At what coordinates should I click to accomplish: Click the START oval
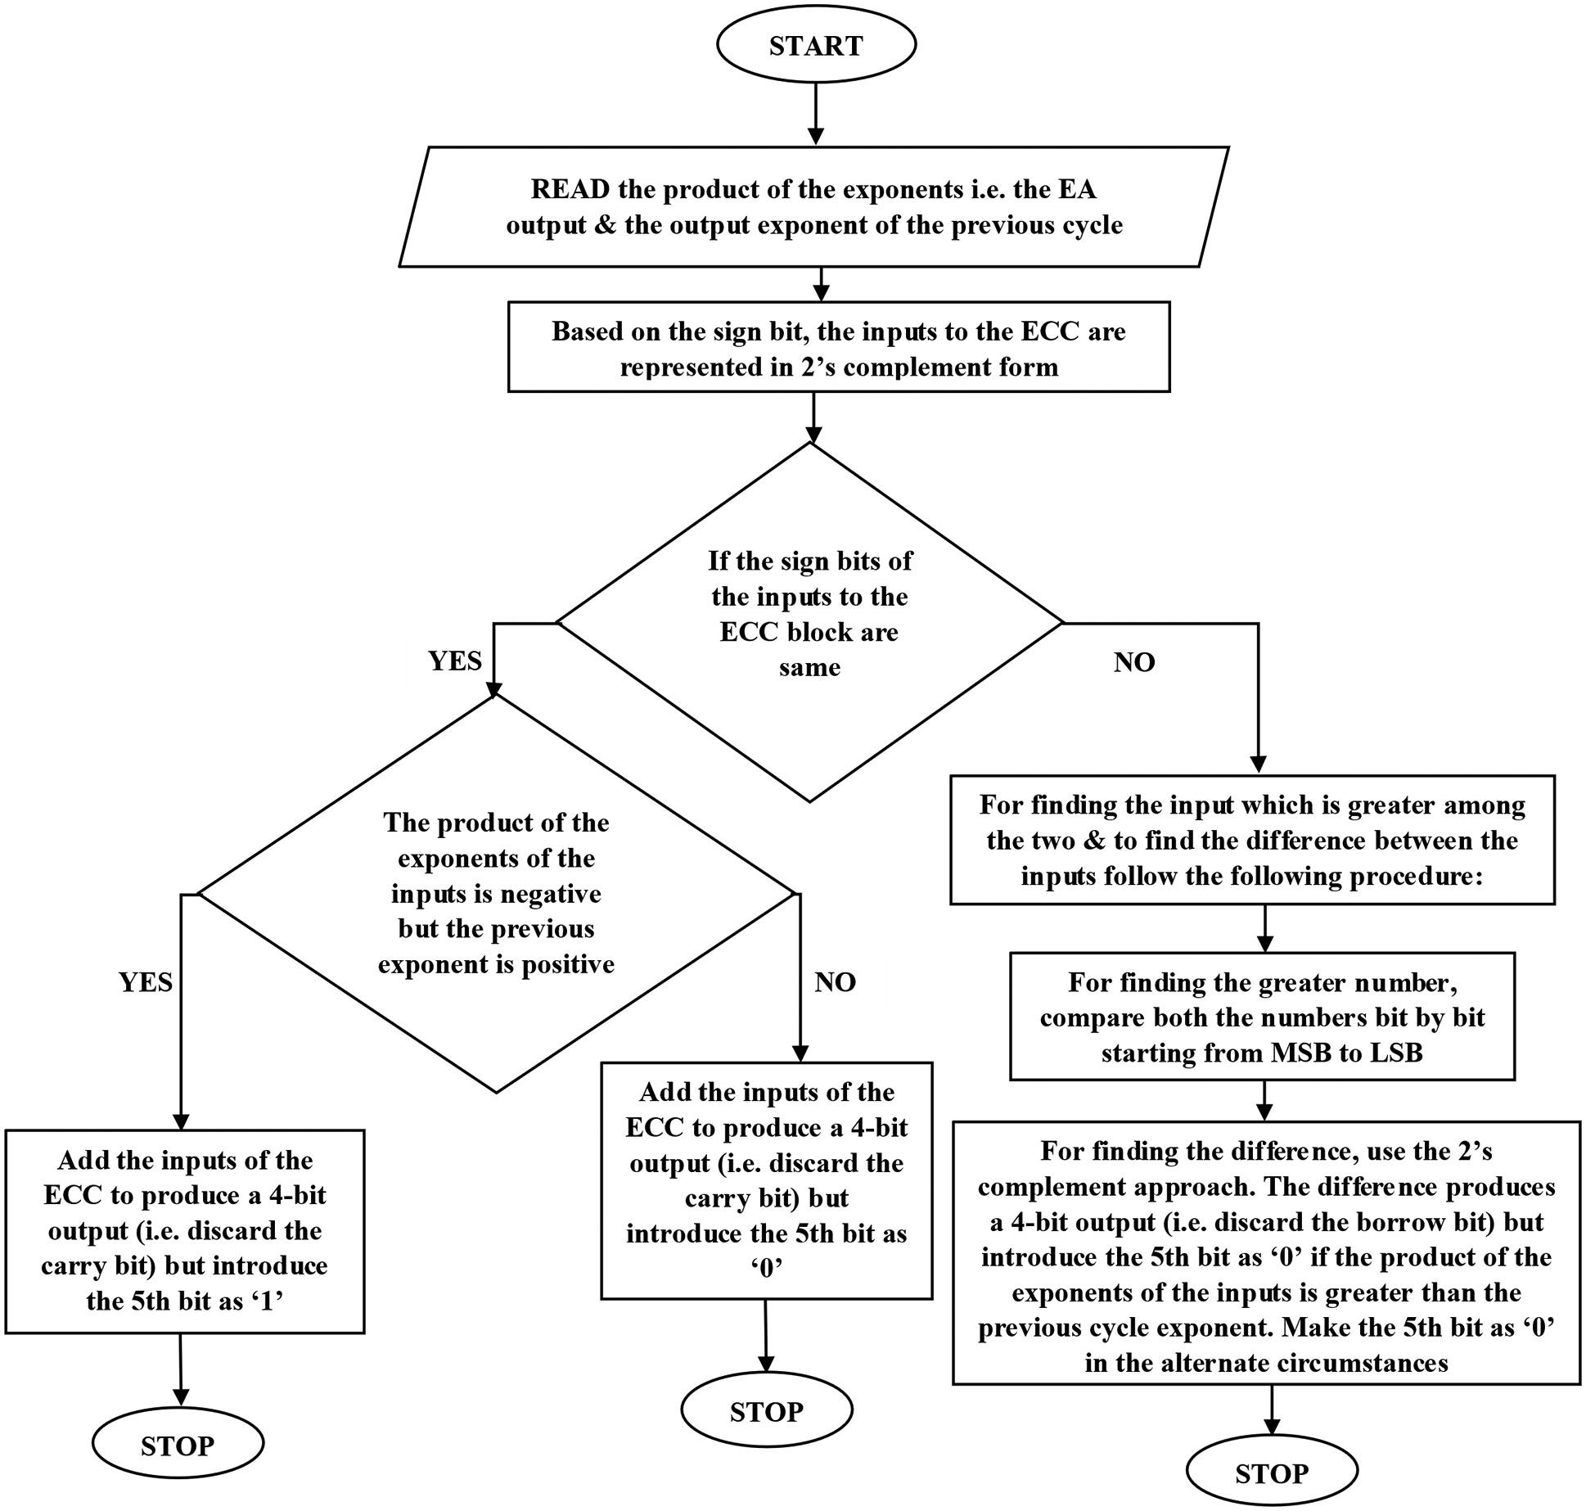pyautogui.click(x=816, y=46)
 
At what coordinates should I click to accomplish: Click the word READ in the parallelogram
pyautogui.click(x=570, y=190)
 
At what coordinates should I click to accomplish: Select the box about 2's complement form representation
pyautogui.click(x=838, y=348)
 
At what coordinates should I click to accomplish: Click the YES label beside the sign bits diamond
pyautogui.click(x=455, y=661)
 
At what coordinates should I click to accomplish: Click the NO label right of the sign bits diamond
pyautogui.click(x=1134, y=662)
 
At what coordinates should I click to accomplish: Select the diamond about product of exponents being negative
pyautogui.click(x=496, y=893)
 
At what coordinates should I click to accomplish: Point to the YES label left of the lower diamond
pyautogui.click(x=146, y=982)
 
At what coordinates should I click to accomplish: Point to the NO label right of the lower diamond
pyautogui.click(x=835, y=982)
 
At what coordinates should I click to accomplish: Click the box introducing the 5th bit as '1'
pyautogui.click(x=185, y=1230)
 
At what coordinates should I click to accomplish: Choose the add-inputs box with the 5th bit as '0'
pyautogui.click(x=766, y=1179)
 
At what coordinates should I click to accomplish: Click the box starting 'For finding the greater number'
pyautogui.click(x=1262, y=1017)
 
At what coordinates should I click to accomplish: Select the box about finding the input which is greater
pyautogui.click(x=1252, y=841)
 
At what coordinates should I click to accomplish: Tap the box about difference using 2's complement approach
pyautogui.click(x=1266, y=1255)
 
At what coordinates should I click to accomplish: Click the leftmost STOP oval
pyautogui.click(x=178, y=1446)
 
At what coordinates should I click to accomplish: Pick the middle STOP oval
pyautogui.click(x=766, y=1411)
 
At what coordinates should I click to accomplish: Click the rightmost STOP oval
pyautogui.click(x=1271, y=1473)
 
